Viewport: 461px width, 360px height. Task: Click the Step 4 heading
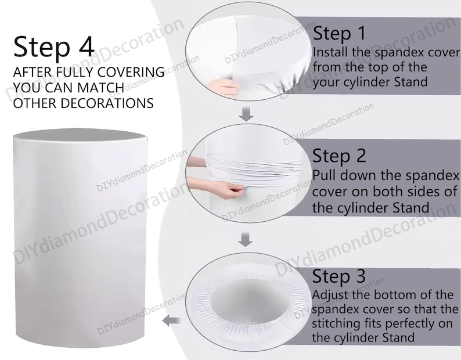(x=54, y=46)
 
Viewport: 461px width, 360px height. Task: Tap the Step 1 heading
(x=339, y=34)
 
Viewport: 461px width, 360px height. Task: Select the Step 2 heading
(x=339, y=156)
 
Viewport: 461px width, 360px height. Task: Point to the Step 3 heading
(x=338, y=276)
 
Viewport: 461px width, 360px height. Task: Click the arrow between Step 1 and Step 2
(x=246, y=114)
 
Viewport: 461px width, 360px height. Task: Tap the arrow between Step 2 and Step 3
(x=245, y=240)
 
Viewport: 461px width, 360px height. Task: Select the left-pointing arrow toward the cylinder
(x=171, y=321)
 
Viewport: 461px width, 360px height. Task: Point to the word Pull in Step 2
(x=324, y=175)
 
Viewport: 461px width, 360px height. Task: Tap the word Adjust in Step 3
(x=330, y=295)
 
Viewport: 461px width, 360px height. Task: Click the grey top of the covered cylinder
(x=80, y=134)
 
